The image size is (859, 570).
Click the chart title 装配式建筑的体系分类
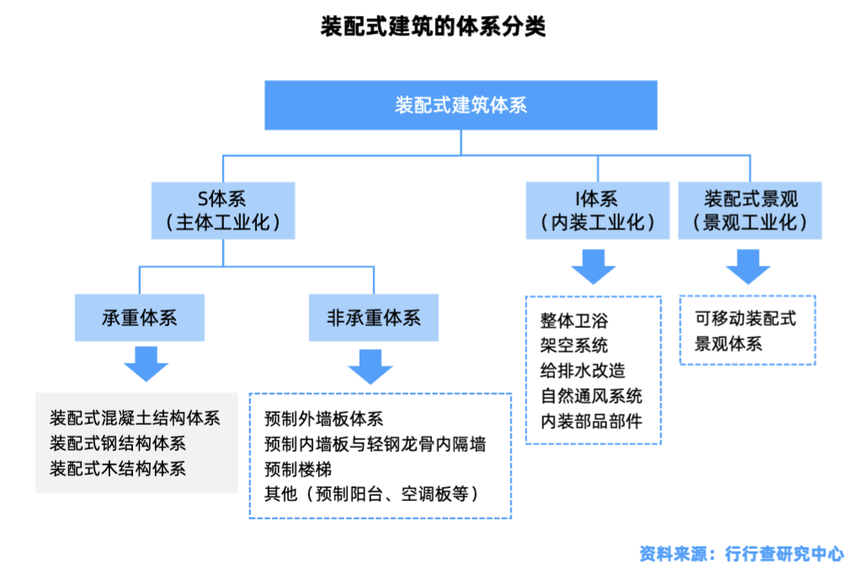click(x=433, y=26)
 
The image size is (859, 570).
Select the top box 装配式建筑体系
click(x=461, y=105)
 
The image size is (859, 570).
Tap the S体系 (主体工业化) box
click(x=223, y=211)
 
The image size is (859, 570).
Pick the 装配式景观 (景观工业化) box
click(x=750, y=211)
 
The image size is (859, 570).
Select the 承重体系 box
click(x=139, y=318)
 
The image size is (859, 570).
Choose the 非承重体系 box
click(x=373, y=318)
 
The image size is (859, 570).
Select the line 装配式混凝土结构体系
click(x=135, y=418)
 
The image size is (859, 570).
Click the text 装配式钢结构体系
click(x=118, y=443)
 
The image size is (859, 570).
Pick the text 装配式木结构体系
click(x=118, y=468)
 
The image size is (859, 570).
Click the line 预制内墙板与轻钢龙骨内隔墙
click(x=375, y=444)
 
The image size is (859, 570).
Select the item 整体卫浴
click(x=574, y=320)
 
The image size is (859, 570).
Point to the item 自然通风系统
click(x=591, y=396)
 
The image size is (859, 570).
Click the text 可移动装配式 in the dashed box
click(x=744, y=319)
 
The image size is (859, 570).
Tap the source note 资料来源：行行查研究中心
click(x=741, y=553)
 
